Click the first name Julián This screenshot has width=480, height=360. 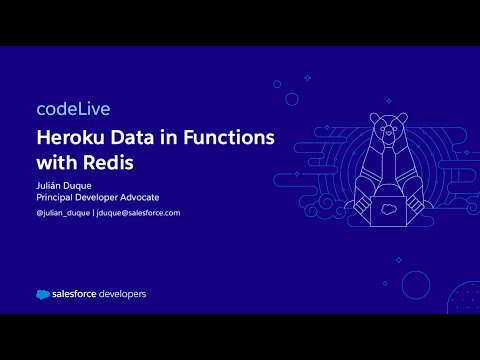(x=49, y=184)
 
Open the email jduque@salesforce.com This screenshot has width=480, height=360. (x=135, y=213)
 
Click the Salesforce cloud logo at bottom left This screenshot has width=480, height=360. (x=44, y=294)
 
